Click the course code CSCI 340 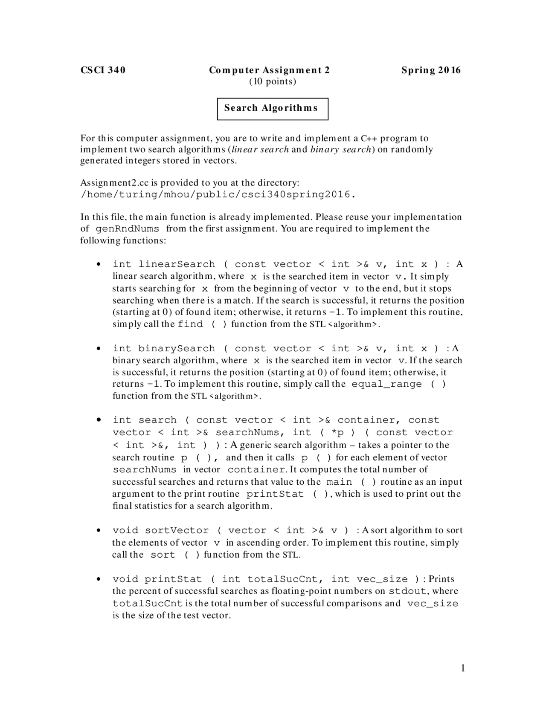(103, 70)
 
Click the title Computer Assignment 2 (269, 70)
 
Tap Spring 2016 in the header (431, 70)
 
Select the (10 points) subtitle (272, 81)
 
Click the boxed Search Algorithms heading (272, 108)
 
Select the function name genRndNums (128, 229)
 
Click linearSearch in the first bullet (177, 264)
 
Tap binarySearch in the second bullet (177, 349)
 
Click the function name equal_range (386, 384)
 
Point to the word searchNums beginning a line (144, 470)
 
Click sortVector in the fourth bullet (177, 530)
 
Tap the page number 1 (463, 668)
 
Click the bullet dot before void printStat (99, 579)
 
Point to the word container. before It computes (257, 470)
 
